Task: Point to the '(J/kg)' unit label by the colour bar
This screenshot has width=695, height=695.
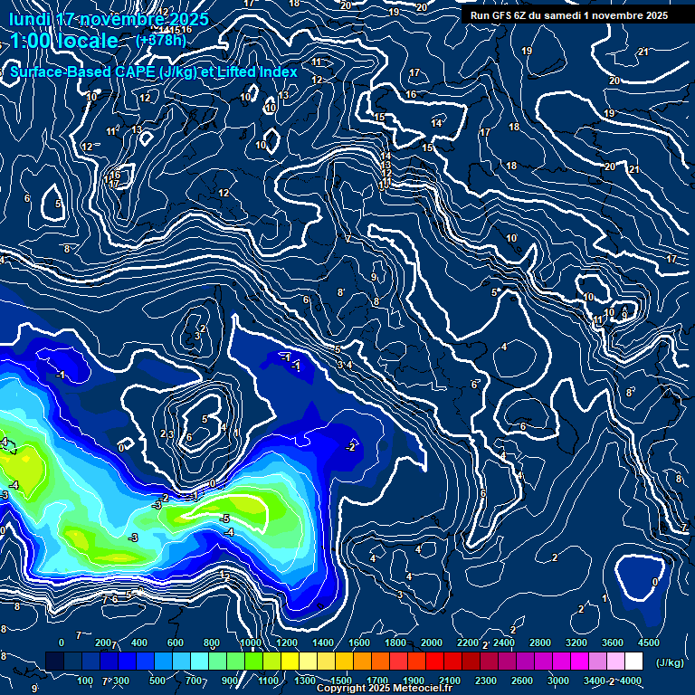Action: click(669, 663)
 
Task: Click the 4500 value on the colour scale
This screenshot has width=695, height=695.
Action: click(649, 643)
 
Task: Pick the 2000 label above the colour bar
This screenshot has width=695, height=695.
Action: click(433, 643)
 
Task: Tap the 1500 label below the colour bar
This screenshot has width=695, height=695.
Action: click(341, 681)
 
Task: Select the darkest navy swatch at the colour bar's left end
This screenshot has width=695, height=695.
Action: click(54, 662)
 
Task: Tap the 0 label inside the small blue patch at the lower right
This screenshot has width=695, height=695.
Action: click(655, 582)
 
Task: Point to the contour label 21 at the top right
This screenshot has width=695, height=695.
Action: click(643, 52)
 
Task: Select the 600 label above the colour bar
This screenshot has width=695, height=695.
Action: click(175, 643)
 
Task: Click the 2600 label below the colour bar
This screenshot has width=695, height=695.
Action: click(522, 681)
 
